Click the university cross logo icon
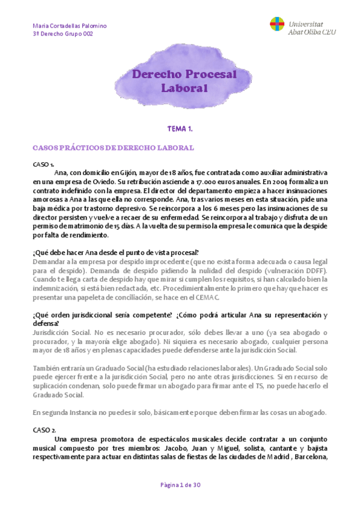(277, 26)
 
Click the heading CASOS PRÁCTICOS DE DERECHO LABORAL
(113, 147)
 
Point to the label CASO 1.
(43, 164)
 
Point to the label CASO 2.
(44, 430)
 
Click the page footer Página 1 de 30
(180, 485)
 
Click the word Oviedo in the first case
(108, 181)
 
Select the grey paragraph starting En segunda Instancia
(179, 413)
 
